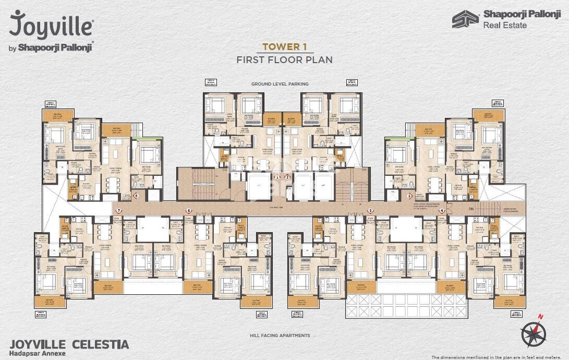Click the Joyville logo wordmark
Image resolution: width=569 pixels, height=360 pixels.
51,25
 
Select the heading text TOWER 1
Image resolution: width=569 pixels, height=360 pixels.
284,47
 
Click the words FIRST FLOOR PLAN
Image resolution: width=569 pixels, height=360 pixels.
284,59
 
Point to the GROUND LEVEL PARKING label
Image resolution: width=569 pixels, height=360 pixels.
280,83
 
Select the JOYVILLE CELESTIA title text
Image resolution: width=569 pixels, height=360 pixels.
69,344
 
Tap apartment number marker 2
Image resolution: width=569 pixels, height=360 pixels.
287,177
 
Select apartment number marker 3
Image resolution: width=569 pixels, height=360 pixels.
409,196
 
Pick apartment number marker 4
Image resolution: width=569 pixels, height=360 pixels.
442,211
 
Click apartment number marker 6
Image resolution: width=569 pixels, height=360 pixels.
189,211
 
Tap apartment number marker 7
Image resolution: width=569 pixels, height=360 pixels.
119,211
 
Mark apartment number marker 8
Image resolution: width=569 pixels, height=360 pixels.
136,196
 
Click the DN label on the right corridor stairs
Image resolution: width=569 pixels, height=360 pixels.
471,209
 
